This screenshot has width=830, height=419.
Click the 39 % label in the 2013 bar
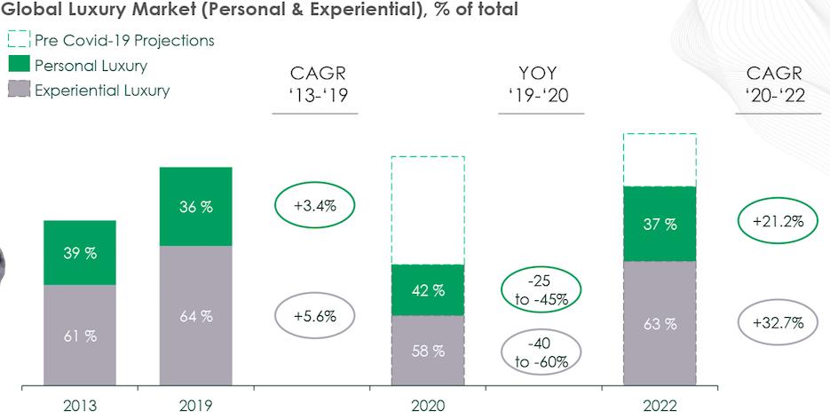coord(80,253)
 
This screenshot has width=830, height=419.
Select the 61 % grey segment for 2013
coord(80,336)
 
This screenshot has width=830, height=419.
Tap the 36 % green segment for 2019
coord(195,206)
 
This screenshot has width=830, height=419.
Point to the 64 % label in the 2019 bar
coord(195,317)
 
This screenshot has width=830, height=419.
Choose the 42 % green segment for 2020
coord(428,290)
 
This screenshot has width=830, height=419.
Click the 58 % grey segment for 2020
coord(428,352)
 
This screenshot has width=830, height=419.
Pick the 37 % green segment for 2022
coord(660,225)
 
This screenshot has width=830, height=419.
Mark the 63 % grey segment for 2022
coord(660,324)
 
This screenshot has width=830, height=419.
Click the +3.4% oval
coord(315,206)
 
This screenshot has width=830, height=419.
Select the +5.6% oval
coord(315,315)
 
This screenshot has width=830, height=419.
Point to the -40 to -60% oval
coord(541,352)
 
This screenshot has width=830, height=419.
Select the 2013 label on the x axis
coord(80,407)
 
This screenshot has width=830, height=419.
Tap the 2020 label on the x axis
coord(428,407)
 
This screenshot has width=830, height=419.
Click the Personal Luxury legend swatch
coord(20,65)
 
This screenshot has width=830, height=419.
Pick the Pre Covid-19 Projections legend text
coord(124,40)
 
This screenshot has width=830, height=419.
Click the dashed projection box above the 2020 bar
coord(428,210)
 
